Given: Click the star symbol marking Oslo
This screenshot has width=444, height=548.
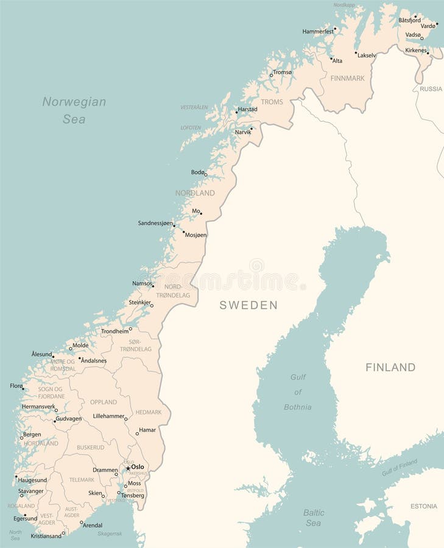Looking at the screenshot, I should [127, 468].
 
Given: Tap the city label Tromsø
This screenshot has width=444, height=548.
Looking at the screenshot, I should [283, 72].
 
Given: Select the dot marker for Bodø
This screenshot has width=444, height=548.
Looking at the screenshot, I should [206, 175].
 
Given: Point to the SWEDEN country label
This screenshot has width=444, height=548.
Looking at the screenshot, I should [248, 305].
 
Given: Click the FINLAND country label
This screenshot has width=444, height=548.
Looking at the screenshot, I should [390, 367].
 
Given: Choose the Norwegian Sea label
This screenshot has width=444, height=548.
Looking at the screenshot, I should [74, 110].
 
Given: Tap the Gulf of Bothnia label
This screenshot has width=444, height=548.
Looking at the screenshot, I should [298, 392].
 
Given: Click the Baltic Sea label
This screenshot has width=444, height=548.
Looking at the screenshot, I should [314, 518].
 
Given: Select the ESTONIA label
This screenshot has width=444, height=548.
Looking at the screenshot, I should [424, 506].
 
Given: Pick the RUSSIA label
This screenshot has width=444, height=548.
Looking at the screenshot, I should [431, 89].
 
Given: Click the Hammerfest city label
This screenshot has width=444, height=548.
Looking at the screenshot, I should [318, 31].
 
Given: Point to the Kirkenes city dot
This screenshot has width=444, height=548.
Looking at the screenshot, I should [428, 53].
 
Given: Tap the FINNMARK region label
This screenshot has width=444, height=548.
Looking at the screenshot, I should [347, 78].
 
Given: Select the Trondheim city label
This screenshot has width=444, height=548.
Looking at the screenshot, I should [115, 331].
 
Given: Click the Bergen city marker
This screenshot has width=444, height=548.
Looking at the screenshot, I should [22, 437].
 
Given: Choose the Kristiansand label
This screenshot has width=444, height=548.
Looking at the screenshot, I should [46, 536].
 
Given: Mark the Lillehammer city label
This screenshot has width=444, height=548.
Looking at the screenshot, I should [108, 416].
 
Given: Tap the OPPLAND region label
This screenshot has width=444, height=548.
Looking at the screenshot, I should [103, 402].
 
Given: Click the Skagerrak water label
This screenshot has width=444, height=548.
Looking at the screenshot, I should [110, 533].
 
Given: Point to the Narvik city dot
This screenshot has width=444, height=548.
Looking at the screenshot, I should [251, 128].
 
